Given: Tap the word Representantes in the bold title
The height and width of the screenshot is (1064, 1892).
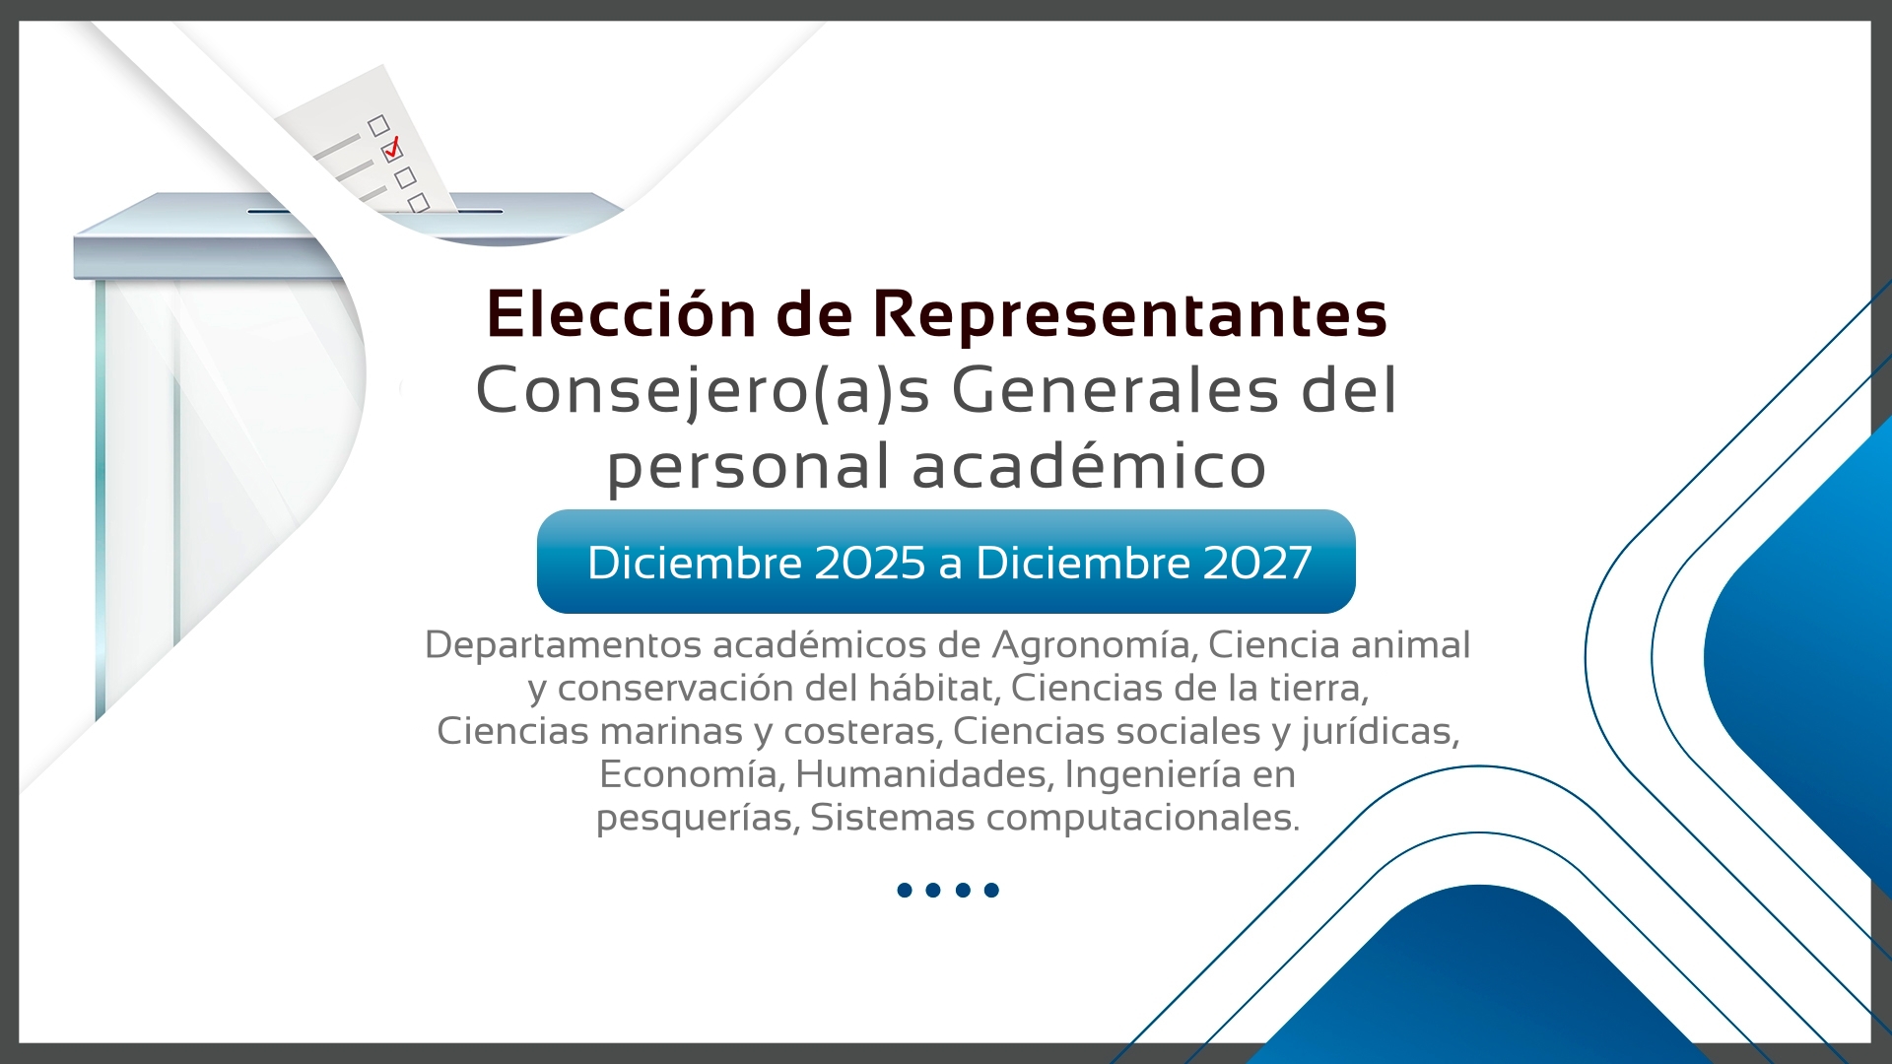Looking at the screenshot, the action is (1130, 315).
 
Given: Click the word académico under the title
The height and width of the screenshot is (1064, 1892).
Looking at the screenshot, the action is (1089, 465).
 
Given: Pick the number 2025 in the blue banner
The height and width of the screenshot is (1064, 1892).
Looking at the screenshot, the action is (870, 563).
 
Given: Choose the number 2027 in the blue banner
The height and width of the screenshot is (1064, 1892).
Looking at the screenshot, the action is (1256, 563).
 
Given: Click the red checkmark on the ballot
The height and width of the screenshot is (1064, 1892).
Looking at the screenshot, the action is (393, 148).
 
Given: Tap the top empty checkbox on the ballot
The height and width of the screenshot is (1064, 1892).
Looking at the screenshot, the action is (378, 125).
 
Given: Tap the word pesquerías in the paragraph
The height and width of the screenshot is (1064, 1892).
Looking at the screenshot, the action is (698, 819).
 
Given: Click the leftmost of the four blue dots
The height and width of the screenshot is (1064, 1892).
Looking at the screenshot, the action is (905, 891).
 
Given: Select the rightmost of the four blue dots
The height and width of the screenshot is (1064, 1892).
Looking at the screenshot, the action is (991, 891).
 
